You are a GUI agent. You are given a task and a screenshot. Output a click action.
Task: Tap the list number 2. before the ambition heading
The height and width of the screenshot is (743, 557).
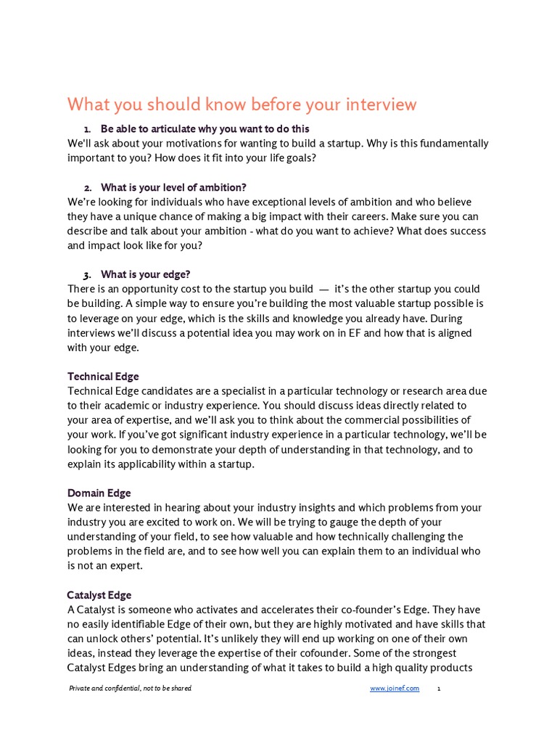pos(87,188)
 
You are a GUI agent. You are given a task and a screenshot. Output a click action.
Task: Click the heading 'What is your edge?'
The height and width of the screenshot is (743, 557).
pos(146,275)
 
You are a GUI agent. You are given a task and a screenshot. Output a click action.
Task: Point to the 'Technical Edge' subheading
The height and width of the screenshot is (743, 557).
pos(103,377)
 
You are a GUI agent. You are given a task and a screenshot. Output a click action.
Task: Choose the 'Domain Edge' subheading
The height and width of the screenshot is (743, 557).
pos(99,493)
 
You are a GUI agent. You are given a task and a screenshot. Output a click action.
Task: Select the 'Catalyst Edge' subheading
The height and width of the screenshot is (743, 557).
pos(99,596)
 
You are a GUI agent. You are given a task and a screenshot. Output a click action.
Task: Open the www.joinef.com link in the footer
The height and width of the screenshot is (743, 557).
pos(394,689)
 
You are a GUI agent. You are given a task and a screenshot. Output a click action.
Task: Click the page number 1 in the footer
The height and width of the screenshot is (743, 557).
pos(439,689)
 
